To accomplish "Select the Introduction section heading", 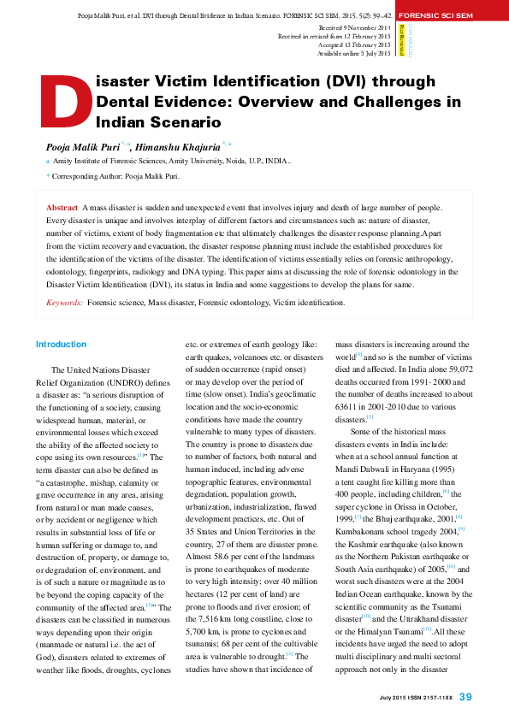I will click(x=61, y=345).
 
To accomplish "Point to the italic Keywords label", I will click(x=64, y=303).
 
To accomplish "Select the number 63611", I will click(x=351, y=408).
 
